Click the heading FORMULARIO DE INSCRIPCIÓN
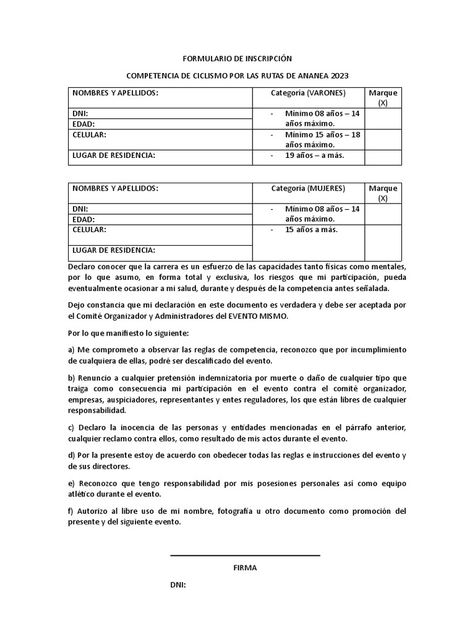tap(237, 59)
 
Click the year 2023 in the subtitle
tap(339, 76)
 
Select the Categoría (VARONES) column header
tap(308, 93)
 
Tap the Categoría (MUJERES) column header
tap(308, 189)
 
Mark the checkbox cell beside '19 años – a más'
tap(383, 157)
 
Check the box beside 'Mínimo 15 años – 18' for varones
tap(383, 139)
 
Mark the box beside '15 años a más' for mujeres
tap(383, 242)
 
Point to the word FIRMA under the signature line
tap(245, 568)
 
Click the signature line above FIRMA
tap(245, 556)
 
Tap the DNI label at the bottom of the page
tap(178, 585)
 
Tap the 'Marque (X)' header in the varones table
tap(383, 98)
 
